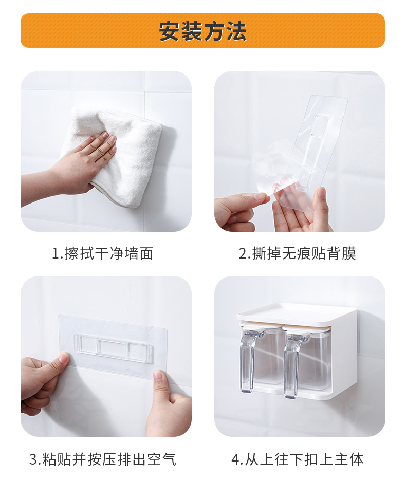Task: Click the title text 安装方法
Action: (x=202, y=31)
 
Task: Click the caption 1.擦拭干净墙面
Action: (x=102, y=253)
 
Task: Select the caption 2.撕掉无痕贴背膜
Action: (x=298, y=253)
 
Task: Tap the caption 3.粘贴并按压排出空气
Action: (x=103, y=459)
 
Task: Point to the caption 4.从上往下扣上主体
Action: (x=298, y=459)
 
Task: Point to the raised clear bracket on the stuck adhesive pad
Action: (x=114, y=347)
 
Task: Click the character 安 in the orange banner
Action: (x=170, y=31)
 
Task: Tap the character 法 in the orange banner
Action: (x=236, y=31)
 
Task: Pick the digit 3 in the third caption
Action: (x=33, y=459)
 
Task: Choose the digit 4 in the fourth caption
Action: (x=235, y=459)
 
